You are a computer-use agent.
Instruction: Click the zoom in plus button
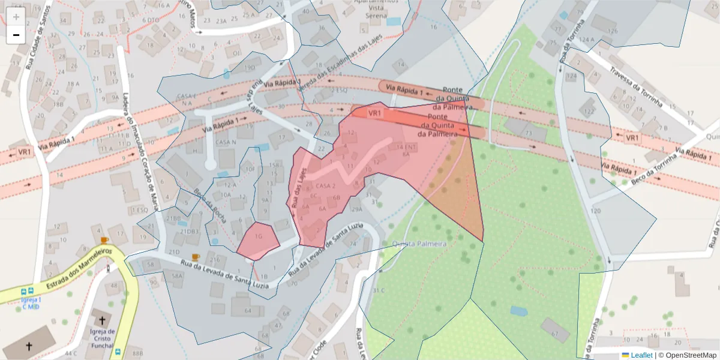[x=16, y=16]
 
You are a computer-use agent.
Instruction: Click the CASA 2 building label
[x=325, y=185]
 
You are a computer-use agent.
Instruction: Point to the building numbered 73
[x=528, y=133]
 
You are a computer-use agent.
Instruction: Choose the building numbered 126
[x=612, y=31]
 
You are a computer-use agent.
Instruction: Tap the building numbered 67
[x=554, y=334]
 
